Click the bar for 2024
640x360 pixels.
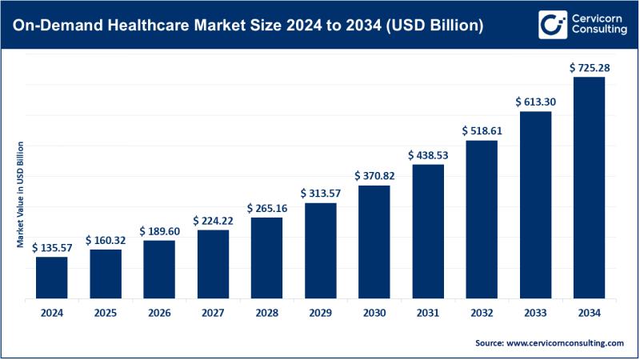52,278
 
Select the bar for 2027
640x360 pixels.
214,264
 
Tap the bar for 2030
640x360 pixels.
374,242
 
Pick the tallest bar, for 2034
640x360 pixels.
590,188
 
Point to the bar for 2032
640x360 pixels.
482,219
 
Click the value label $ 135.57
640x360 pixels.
52,248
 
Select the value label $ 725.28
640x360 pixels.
590,69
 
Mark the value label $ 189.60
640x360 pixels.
159,232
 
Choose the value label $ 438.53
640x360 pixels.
428,155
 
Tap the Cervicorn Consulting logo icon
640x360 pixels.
552,24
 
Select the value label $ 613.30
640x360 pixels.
535,102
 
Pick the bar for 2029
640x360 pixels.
321,251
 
